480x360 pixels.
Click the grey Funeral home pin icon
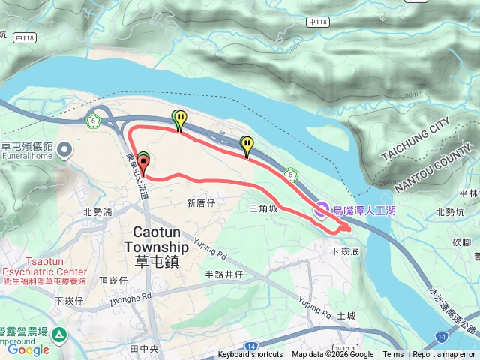64,151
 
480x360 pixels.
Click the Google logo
28,349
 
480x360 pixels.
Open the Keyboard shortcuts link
250,355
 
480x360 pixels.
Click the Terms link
393,355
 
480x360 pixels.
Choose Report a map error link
445,355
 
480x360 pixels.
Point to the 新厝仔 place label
201,203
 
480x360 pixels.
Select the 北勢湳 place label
97,212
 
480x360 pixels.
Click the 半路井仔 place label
224,274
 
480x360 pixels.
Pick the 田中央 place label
143,349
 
